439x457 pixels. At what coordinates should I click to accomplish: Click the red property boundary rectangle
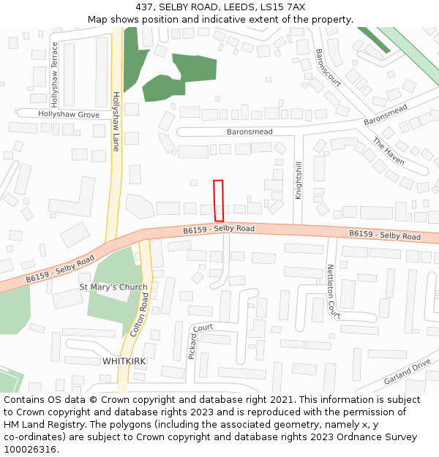tap(218, 200)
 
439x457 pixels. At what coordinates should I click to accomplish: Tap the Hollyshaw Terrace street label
tap(55, 73)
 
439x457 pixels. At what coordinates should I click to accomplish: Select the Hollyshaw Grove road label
tap(69, 115)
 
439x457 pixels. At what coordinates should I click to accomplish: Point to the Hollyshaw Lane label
tap(116, 121)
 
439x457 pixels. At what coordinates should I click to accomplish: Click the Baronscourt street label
tap(328, 67)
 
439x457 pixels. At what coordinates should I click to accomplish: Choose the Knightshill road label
tap(299, 180)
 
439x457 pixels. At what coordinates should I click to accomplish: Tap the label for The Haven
tap(389, 151)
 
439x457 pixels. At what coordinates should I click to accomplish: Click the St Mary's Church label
tap(113, 287)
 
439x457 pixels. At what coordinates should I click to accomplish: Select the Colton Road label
tap(138, 314)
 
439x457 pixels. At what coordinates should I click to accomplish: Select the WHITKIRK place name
tap(124, 361)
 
